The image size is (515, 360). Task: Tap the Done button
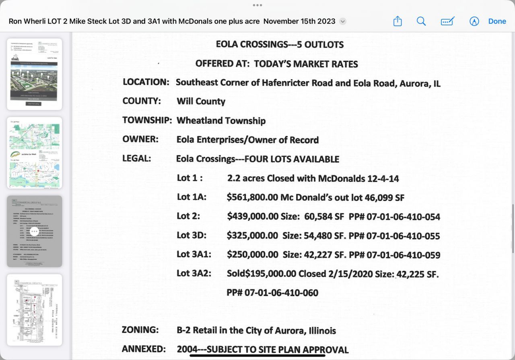[497, 21]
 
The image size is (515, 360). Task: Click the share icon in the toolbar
[398, 21]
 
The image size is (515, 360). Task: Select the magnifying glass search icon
[421, 21]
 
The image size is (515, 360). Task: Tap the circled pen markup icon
[474, 21]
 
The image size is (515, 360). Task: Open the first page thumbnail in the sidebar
[35, 74]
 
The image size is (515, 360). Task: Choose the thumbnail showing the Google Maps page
[35, 153]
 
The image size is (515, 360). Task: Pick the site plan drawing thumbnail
[35, 310]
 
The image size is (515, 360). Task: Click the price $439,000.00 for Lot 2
[253, 217]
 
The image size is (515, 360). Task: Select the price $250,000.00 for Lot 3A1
[252, 255]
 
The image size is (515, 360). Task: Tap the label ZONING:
[140, 330]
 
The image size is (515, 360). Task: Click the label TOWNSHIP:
[147, 120]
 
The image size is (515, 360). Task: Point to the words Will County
[201, 101]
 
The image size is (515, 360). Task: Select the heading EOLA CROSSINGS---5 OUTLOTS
[280, 44]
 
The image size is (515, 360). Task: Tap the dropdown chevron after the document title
[343, 22]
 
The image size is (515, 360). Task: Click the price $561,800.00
[253, 197]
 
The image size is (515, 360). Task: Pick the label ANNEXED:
[144, 349]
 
